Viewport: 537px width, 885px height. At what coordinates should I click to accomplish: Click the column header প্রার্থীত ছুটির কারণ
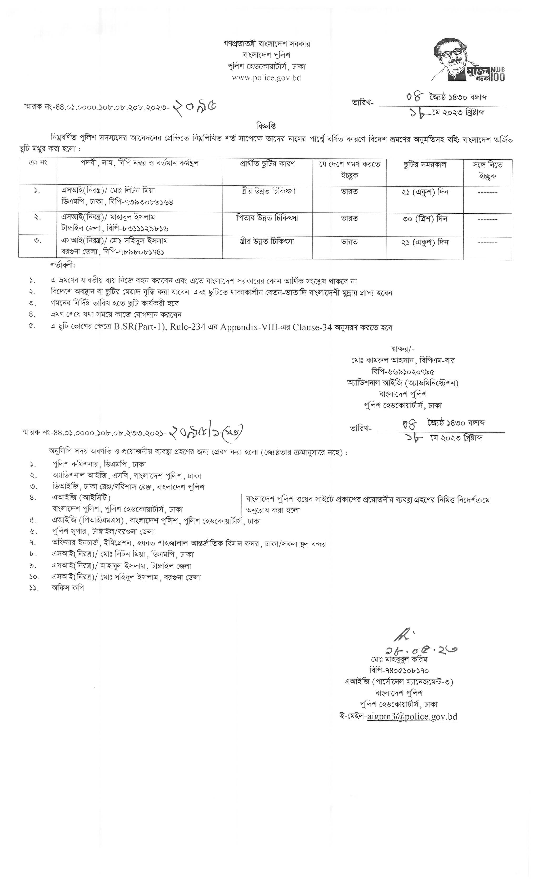[267, 164]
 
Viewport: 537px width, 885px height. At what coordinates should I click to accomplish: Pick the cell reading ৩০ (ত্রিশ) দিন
[425, 219]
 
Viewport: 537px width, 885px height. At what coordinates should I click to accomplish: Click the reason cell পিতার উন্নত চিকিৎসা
[267, 218]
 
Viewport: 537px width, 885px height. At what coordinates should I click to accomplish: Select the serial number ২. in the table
[38, 217]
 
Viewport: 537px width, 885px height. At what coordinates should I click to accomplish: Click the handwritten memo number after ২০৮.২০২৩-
[195, 107]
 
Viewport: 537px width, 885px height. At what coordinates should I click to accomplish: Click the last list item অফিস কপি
[68, 588]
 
